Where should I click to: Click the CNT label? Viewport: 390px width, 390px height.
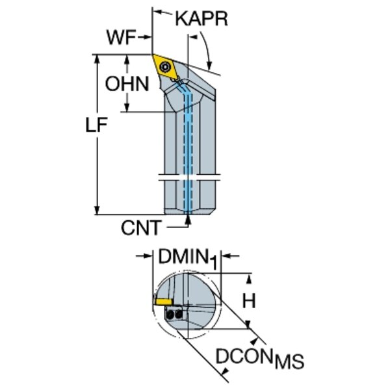[x=142, y=227]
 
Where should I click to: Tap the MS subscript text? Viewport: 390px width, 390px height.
[x=289, y=361]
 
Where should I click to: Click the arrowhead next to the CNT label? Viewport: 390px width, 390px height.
[x=188, y=220]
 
